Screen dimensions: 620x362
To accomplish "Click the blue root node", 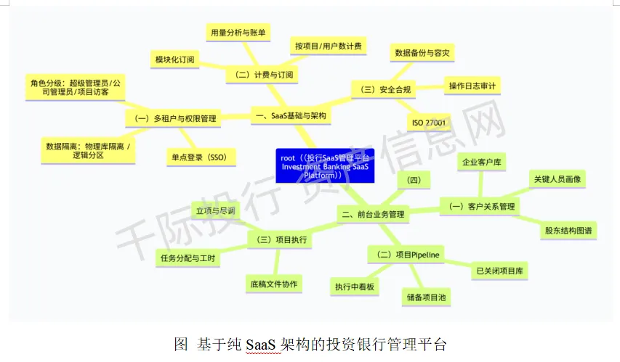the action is pyautogui.click(x=325, y=166).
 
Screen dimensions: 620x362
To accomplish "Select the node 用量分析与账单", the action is pyautogui.click(x=238, y=32).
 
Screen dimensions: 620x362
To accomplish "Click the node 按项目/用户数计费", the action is pyautogui.click(x=329, y=46).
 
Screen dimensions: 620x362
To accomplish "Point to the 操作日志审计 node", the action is pyautogui.click(x=472, y=86).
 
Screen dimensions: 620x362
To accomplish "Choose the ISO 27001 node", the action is pyautogui.click(x=428, y=123).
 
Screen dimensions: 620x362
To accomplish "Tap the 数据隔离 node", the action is pyautogui.click(x=89, y=150).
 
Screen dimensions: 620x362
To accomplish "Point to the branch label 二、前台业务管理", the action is pyautogui.click(x=373, y=214).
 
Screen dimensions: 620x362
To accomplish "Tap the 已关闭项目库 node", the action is pyautogui.click(x=501, y=271).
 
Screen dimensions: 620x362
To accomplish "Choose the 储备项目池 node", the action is pyautogui.click(x=427, y=296).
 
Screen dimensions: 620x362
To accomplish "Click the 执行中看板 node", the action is pyautogui.click(x=355, y=287).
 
